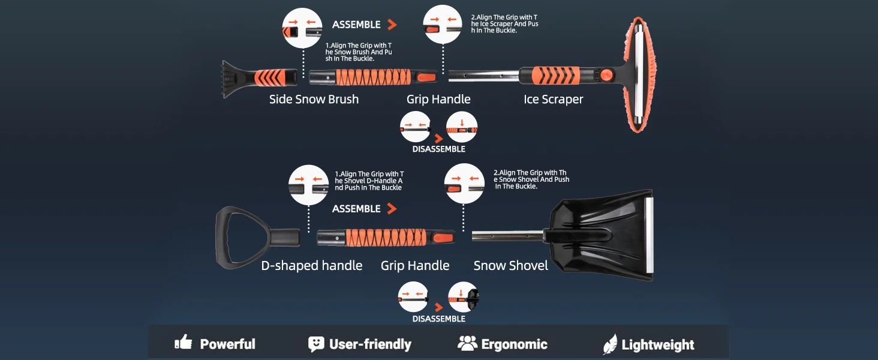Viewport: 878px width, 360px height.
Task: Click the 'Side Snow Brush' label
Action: point(314,100)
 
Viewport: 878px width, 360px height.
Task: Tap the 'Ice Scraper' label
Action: point(553,100)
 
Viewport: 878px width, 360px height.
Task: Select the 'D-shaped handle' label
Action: point(311,266)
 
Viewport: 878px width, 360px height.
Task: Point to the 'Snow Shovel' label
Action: point(510,266)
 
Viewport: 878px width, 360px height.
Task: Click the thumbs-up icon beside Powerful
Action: point(184,343)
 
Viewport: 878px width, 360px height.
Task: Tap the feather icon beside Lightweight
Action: point(610,344)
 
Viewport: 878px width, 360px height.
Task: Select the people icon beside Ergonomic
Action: point(467,343)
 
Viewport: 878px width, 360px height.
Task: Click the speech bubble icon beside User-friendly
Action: point(316,344)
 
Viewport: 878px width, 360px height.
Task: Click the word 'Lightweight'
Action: point(658,345)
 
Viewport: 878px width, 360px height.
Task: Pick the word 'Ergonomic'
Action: point(514,344)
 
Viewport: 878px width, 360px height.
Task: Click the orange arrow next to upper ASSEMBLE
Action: point(392,25)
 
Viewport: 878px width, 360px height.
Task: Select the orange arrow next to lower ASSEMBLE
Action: point(392,209)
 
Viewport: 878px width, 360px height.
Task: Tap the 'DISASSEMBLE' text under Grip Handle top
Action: point(438,149)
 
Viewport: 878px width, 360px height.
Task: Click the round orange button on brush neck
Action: point(607,75)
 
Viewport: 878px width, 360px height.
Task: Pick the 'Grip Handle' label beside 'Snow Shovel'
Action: point(415,266)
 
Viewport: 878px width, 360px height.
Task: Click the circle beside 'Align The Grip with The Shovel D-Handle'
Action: point(309,184)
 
